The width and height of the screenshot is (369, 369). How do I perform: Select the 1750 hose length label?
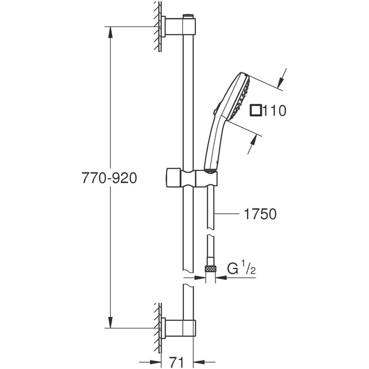(258, 214)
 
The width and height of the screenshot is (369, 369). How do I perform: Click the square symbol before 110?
(256, 111)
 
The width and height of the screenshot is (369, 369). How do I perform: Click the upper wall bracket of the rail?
(178, 26)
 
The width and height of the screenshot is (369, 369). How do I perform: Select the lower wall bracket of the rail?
(178, 328)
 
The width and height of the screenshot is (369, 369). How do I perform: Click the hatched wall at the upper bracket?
(157, 26)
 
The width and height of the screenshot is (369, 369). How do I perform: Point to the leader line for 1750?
(228, 214)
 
